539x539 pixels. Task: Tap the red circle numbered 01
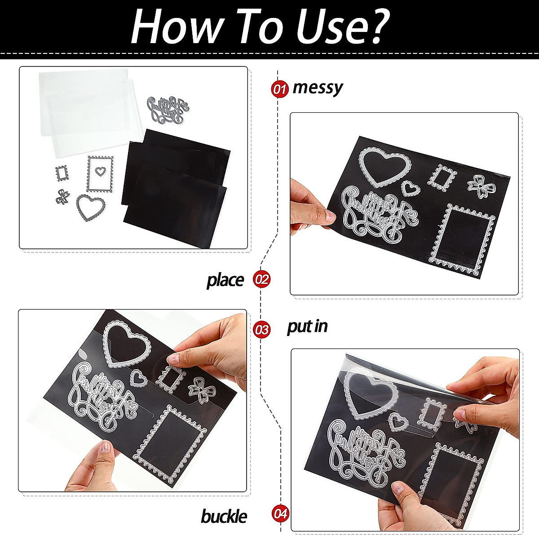point(279,89)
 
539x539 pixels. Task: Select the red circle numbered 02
point(261,279)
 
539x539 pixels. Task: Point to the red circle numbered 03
point(261,330)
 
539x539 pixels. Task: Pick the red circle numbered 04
point(281,513)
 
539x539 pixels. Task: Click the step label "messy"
point(318,88)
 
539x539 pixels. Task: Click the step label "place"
point(225,280)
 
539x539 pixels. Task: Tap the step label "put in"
point(307,327)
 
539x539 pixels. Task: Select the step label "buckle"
point(224,516)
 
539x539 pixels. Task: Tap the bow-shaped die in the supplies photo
point(62,196)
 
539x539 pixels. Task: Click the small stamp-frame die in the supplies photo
point(63,173)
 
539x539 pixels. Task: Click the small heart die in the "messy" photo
point(410,188)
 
